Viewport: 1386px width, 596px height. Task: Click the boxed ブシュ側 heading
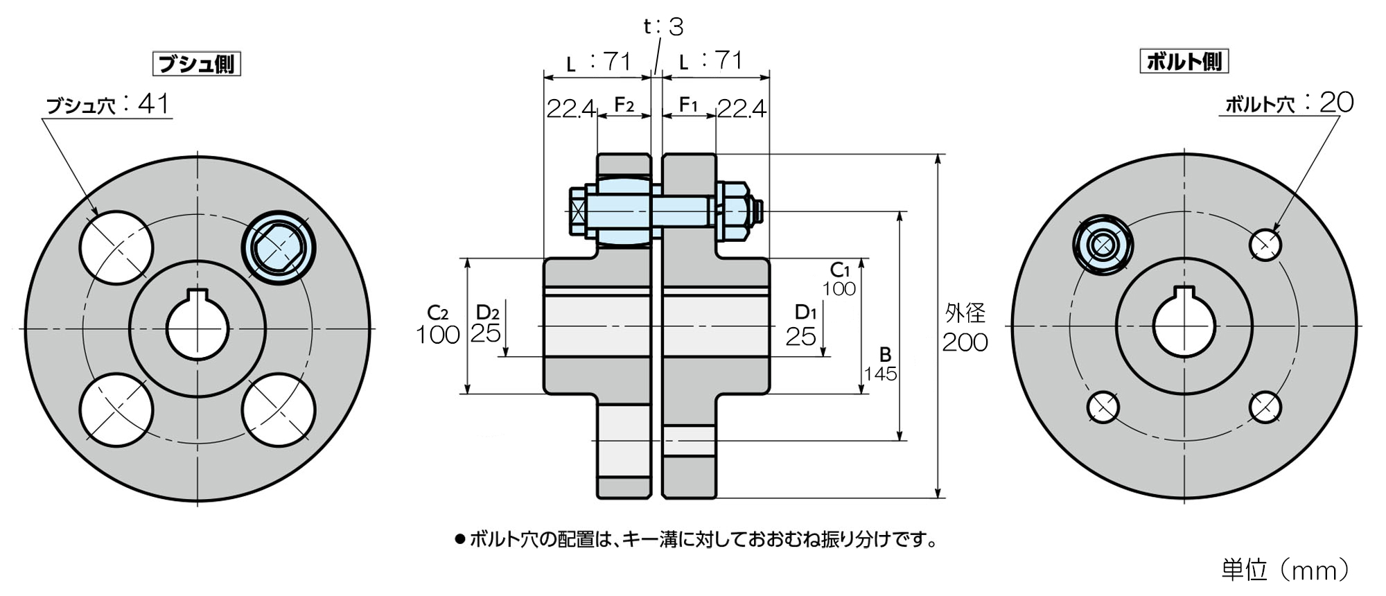[196, 64]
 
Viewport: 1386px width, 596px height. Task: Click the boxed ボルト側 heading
[1184, 61]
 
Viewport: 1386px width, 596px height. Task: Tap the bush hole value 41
[153, 104]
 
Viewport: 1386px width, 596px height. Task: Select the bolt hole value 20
[1336, 103]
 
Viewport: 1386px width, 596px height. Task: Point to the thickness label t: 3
[663, 26]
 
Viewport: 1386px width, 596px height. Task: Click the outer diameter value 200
[965, 342]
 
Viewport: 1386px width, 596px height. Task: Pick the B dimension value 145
[880, 374]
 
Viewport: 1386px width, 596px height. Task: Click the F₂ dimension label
[624, 105]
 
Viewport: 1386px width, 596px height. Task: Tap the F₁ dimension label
[687, 105]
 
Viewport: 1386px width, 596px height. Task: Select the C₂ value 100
[437, 335]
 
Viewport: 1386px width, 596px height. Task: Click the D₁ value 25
[800, 337]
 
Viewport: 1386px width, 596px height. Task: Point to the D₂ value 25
[485, 333]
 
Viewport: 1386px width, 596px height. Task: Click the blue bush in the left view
[279, 247]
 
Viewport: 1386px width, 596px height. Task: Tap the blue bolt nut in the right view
[1103, 245]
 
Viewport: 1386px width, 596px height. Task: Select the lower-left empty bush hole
[116, 410]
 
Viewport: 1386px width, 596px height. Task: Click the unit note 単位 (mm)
[1285, 570]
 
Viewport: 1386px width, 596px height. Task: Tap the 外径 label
[965, 313]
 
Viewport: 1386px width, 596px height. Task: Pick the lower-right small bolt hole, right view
[1265, 407]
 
